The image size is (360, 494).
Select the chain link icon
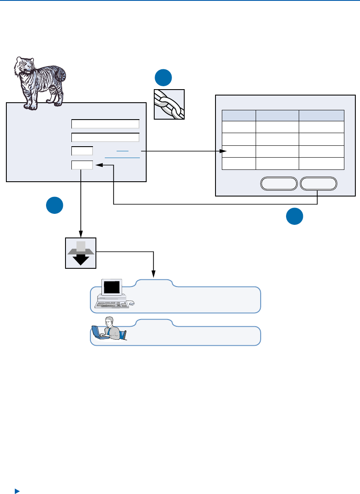pos(169,104)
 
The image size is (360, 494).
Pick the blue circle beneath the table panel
pos(295,216)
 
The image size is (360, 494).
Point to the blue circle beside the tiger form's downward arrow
pos(55,205)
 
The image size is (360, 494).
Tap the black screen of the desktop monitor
pos(112,288)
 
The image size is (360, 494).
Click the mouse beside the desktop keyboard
pos(132,303)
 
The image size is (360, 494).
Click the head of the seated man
pos(110,321)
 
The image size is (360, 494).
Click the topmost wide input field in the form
pos(105,124)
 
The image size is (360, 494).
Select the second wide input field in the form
pos(105,137)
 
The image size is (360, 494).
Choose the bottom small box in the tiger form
pos(82,165)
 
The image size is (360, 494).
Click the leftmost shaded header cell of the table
pos(239,115)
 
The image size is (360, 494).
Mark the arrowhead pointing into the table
pos(224,151)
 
